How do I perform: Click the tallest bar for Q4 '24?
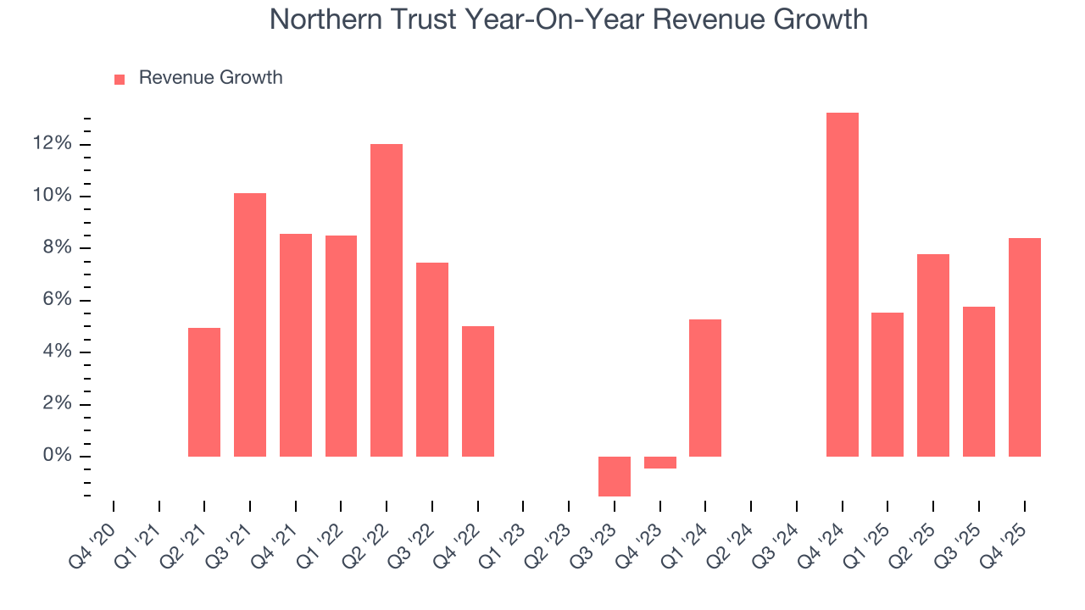coord(842,285)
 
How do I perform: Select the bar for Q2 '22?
coord(387,300)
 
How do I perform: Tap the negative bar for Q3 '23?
coord(615,476)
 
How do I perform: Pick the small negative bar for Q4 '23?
coord(659,463)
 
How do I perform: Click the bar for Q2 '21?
coord(204,392)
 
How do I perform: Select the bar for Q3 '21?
coord(250,324)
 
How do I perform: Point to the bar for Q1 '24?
coord(705,388)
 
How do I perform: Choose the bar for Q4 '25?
coord(1024,347)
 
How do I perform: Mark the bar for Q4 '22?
coord(478,391)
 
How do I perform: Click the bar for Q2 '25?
coord(933,355)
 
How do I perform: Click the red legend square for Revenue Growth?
coord(120,79)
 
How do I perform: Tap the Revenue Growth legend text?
coord(210,78)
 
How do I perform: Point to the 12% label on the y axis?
coord(52,144)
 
